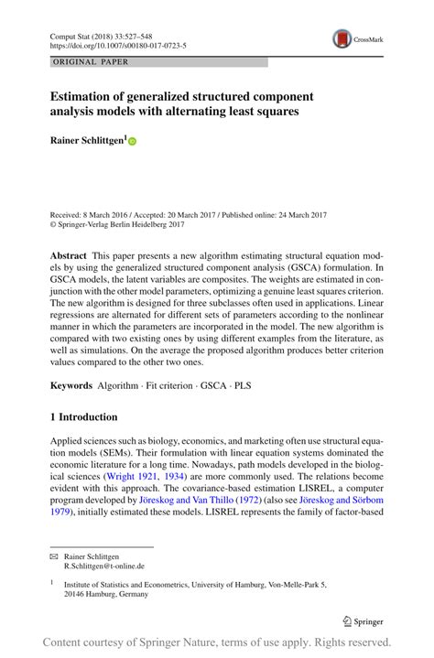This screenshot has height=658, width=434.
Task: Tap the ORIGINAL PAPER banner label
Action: click(x=92, y=62)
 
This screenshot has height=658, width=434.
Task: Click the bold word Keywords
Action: click(x=74, y=385)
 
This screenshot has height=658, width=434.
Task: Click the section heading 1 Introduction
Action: click(x=84, y=417)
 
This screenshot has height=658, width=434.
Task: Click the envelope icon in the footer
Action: click(x=54, y=556)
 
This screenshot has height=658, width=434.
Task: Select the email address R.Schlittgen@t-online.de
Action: click(x=104, y=566)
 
